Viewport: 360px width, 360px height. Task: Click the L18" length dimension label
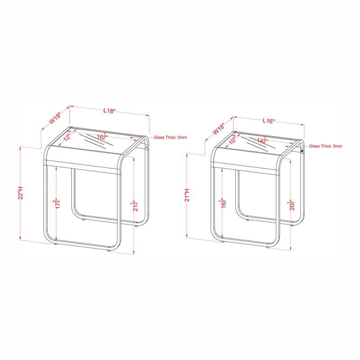click(x=109, y=110)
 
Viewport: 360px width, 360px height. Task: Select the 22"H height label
click(x=20, y=193)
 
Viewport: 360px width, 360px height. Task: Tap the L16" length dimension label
click(x=269, y=121)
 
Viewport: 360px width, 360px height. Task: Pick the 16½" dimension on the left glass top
click(x=103, y=136)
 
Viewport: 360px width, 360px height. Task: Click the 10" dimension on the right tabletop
click(x=232, y=141)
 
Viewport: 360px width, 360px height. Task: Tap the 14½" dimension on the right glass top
click(x=263, y=140)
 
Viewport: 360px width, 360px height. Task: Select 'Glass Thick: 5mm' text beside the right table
click(x=325, y=146)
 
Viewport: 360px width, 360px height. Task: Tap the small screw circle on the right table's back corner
click(x=302, y=152)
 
